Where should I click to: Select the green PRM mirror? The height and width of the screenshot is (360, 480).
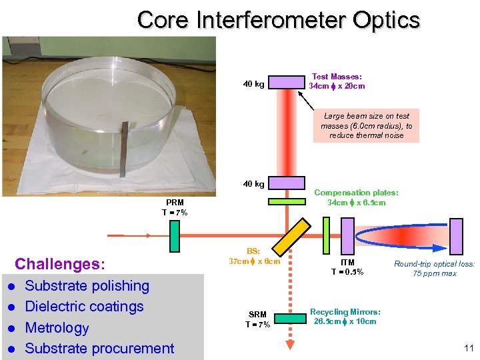(175, 234)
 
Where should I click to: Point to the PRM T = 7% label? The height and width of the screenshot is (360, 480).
(175, 207)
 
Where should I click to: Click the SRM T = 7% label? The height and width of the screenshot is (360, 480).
(258, 319)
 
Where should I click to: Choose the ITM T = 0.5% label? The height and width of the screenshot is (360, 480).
(347, 267)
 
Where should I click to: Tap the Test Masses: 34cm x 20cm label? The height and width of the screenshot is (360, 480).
(337, 81)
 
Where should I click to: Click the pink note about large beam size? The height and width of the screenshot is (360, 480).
(366, 125)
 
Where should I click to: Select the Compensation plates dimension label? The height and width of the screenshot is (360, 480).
(356, 197)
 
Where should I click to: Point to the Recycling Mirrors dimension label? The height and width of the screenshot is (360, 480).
(345, 317)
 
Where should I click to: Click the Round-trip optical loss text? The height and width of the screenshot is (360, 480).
(434, 269)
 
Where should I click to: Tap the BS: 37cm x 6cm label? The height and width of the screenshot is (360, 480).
(254, 256)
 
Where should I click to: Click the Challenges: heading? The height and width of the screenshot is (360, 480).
(60, 264)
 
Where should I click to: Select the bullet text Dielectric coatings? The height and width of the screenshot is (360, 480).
(84, 307)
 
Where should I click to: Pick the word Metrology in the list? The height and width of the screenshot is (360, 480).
(57, 327)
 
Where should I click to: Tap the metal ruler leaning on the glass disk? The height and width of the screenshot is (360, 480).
(122, 149)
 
